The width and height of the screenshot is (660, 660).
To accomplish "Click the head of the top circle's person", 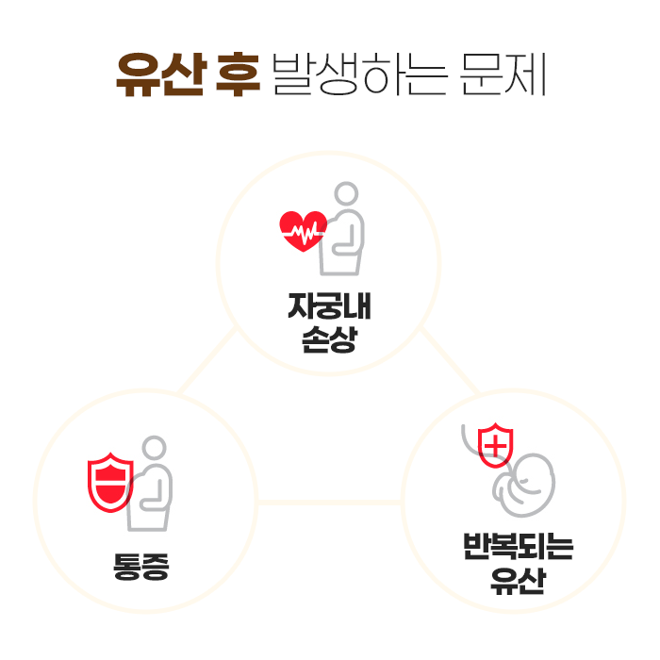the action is [347, 194].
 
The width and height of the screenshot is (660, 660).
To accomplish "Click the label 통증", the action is [140, 566].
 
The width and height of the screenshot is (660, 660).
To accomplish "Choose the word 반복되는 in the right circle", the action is [518, 548].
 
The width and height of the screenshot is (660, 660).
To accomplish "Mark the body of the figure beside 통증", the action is [153, 495].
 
